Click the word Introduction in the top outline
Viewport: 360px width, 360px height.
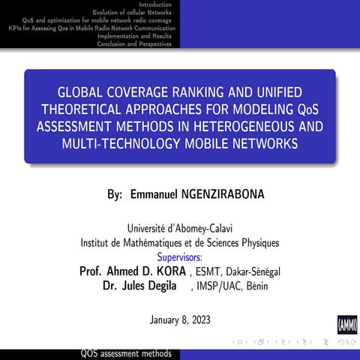[x=154, y=4]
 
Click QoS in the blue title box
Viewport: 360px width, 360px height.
[x=308, y=109]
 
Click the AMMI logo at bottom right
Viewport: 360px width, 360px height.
[x=347, y=325]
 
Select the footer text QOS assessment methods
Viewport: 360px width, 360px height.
[x=131, y=354]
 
